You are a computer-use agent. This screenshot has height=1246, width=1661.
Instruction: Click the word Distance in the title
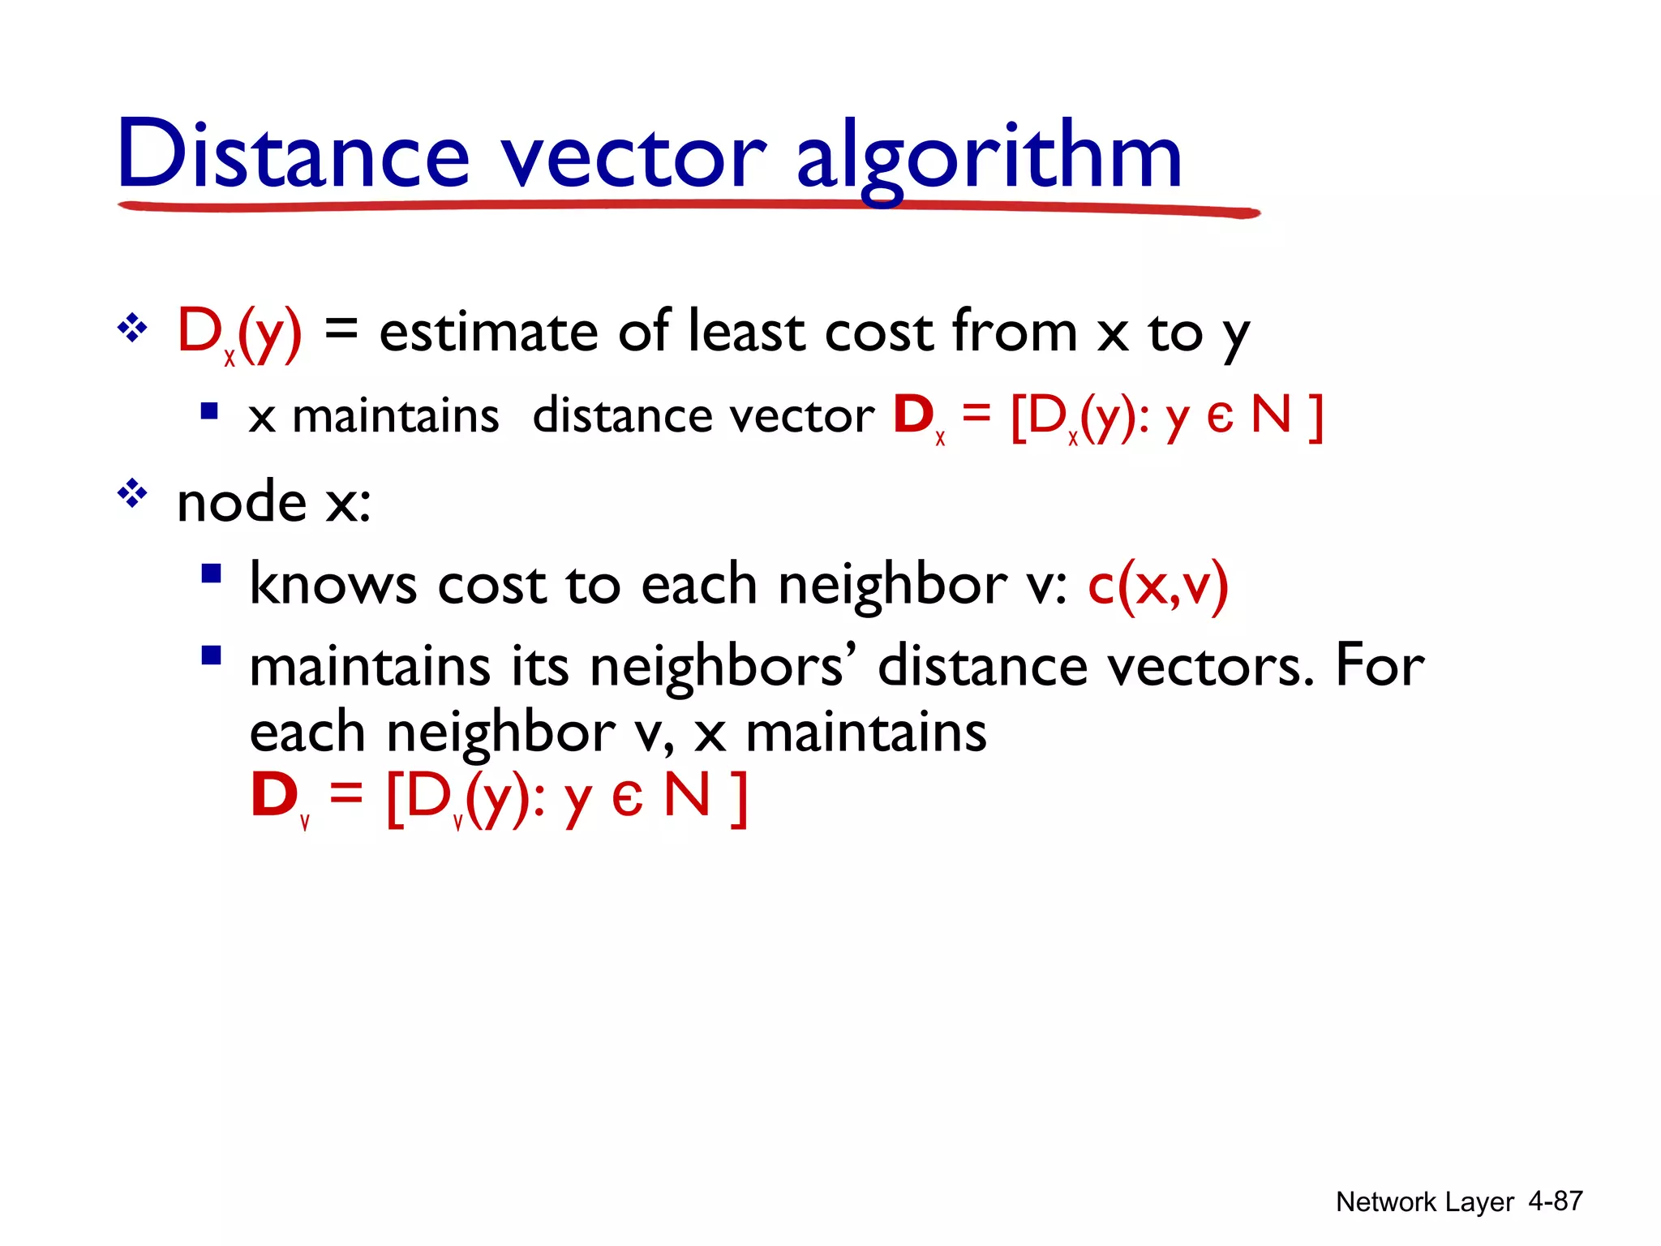(x=293, y=154)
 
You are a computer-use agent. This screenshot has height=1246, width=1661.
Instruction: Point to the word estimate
(x=488, y=332)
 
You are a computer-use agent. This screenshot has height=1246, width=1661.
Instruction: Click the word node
(x=242, y=502)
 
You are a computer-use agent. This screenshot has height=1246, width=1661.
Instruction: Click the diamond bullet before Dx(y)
(x=132, y=329)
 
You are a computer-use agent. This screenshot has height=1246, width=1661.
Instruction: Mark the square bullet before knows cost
(x=211, y=574)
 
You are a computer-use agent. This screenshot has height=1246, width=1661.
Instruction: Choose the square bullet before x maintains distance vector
(x=209, y=410)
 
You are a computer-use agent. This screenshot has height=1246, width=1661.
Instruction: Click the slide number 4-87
(x=1555, y=1201)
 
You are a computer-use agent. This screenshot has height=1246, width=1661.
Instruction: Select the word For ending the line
(x=1380, y=665)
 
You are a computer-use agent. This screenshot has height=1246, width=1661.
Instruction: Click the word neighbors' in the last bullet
(x=716, y=667)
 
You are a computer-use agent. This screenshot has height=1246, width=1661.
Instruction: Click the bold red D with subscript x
(x=914, y=415)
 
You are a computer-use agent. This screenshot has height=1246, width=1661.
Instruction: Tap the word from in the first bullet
(x=1015, y=332)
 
